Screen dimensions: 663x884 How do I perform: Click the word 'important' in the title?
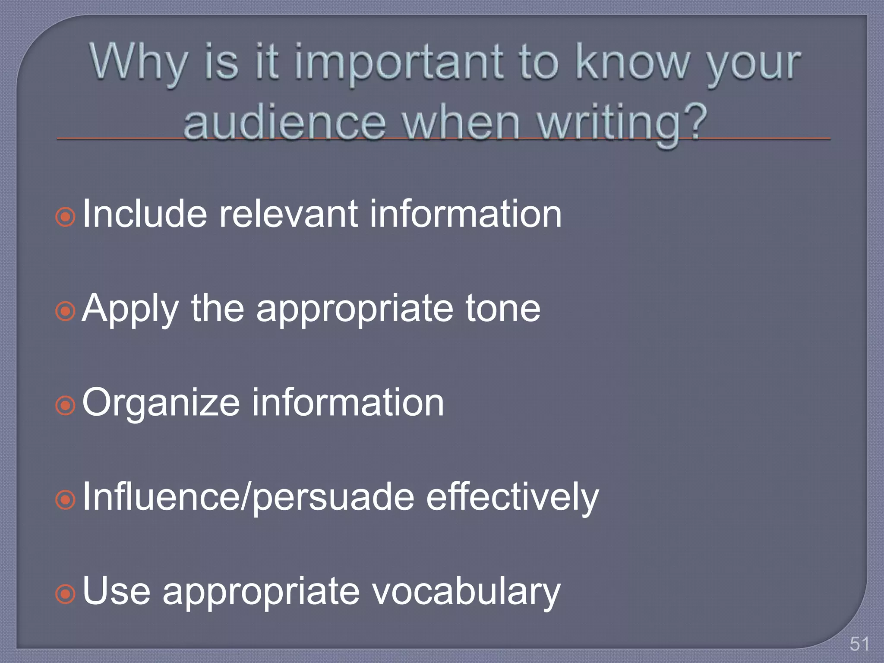tap(399, 64)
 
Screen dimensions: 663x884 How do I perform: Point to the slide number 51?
tap(859, 644)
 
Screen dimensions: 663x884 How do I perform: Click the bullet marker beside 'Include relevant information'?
tap(66, 217)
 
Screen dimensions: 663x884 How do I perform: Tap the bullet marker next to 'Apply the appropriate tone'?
tap(66, 311)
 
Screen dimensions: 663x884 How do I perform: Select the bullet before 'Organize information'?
tap(66, 405)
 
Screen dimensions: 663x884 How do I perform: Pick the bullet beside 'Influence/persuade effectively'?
tap(66, 499)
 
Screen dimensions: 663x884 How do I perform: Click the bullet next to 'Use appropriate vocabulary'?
tap(66, 594)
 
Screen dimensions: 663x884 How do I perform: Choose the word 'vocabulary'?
tap(466, 592)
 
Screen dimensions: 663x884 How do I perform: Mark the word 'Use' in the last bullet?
tap(117, 591)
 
